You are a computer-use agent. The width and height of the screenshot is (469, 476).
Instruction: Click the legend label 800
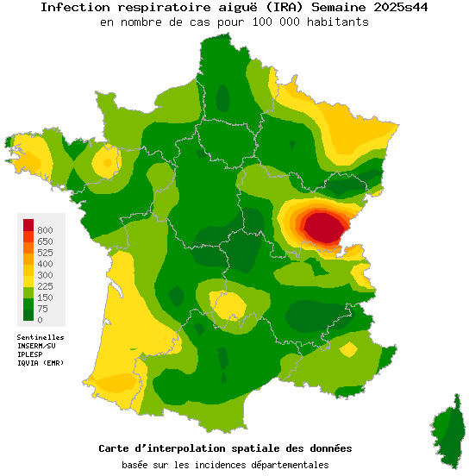click(x=45, y=230)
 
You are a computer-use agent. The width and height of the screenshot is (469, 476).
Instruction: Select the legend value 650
click(x=45, y=241)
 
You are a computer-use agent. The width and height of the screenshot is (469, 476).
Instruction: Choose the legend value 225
click(x=45, y=286)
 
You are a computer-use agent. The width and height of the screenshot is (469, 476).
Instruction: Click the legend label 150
click(x=45, y=297)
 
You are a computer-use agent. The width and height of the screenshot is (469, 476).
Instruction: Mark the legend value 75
click(x=42, y=309)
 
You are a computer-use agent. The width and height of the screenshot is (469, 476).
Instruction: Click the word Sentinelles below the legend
click(x=41, y=337)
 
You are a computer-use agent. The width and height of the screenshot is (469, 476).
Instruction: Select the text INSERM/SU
click(x=37, y=346)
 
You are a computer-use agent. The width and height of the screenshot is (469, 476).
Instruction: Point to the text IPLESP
click(x=31, y=354)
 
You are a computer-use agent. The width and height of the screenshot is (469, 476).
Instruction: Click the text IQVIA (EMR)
click(x=41, y=363)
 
